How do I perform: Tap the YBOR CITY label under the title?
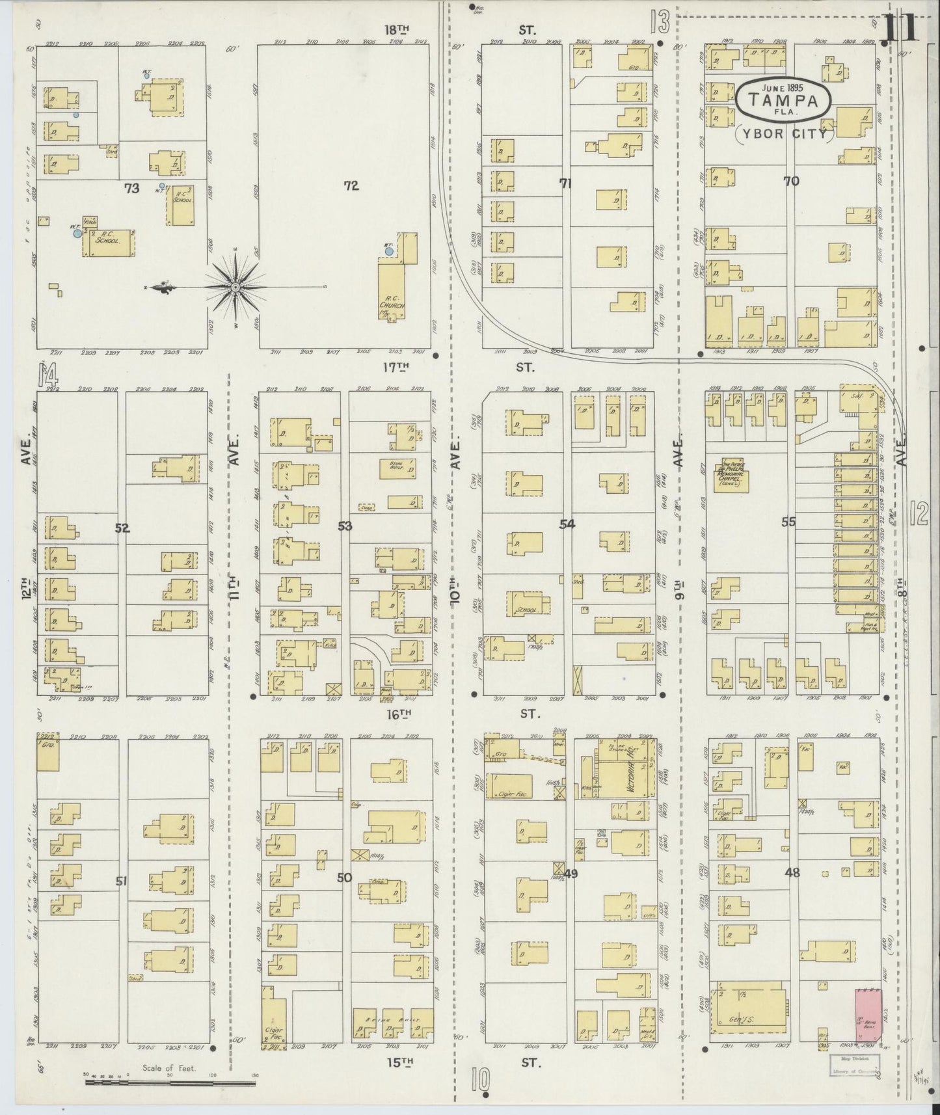click(784, 135)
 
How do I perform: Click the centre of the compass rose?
click(235, 287)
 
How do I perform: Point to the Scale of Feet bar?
click(170, 1084)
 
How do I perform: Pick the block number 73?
click(132, 189)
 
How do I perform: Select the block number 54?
click(567, 523)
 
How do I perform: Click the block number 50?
click(344, 878)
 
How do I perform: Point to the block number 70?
click(791, 181)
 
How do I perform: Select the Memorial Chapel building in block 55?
click(731, 476)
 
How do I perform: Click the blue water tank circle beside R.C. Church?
click(389, 251)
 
